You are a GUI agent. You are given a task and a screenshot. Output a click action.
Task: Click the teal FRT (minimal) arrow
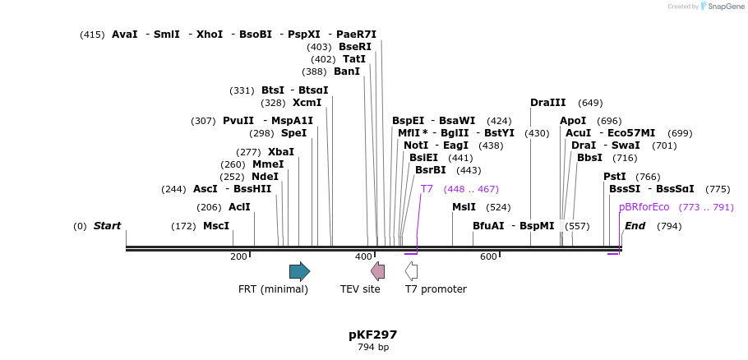pos(299,271)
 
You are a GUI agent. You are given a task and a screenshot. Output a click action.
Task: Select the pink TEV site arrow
pos(377,271)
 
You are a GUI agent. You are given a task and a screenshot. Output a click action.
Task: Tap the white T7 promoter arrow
pos(412,271)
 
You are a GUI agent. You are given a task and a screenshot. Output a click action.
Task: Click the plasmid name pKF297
pos(372,335)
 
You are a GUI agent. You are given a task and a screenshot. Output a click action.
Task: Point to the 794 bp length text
pos(372,348)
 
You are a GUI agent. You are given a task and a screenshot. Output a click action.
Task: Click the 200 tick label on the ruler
pos(238,257)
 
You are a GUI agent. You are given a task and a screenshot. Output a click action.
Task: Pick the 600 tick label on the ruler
pos(488,257)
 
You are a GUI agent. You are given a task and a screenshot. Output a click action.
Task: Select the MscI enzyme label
pos(216,226)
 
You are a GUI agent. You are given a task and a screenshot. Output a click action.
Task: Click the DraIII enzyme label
pos(548,103)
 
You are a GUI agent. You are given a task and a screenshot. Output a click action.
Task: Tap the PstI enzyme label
pos(615,177)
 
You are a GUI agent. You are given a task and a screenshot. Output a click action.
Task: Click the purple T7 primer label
pos(427,189)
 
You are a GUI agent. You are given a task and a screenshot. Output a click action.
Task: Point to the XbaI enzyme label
pos(281,152)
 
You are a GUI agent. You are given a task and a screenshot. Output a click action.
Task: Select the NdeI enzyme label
pos(265,177)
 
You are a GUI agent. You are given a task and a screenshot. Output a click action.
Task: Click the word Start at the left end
pos(107,226)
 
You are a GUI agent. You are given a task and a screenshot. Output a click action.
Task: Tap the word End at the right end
pos(635,226)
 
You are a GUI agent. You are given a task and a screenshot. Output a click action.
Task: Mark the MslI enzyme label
pos(464,207)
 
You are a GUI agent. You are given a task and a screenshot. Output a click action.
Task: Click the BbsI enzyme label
pos(589,158)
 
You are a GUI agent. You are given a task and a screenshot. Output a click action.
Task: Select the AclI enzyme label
pos(239,207)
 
